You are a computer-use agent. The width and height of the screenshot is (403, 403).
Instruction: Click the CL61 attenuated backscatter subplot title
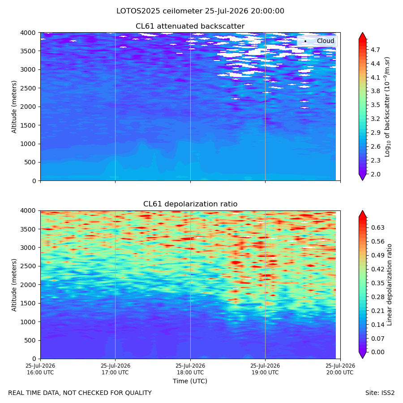click(190, 26)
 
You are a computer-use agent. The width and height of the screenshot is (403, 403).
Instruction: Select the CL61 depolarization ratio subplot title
click(190, 204)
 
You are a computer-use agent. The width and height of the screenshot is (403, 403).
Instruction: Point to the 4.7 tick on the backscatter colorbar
click(375, 50)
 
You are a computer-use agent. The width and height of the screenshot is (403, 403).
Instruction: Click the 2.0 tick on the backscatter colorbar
click(375, 174)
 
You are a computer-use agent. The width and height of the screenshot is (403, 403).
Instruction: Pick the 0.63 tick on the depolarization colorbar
click(378, 227)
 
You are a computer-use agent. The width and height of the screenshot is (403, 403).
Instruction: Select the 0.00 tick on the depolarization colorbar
click(378, 352)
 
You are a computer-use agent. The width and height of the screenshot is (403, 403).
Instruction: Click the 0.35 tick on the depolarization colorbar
click(378, 283)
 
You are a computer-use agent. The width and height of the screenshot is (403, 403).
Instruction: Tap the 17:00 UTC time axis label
click(116, 369)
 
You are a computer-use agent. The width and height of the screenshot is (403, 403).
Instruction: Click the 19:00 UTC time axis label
click(265, 369)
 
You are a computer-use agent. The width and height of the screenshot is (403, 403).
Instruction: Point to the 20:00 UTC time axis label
click(340, 369)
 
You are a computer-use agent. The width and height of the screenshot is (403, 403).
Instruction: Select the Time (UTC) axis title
click(190, 381)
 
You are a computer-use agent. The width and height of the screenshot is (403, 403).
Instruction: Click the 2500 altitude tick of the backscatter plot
click(28, 88)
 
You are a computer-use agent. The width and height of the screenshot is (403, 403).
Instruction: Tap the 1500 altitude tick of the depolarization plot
click(28, 303)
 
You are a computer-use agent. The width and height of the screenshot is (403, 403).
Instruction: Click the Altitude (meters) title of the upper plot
click(14, 107)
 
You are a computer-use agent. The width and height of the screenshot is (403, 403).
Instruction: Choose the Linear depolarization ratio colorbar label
click(390, 285)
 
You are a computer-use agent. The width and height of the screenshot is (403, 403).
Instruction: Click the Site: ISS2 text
click(380, 393)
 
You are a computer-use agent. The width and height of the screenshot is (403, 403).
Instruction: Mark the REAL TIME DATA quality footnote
click(80, 393)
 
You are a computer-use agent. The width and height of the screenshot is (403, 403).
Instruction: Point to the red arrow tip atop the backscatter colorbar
click(362, 33)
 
